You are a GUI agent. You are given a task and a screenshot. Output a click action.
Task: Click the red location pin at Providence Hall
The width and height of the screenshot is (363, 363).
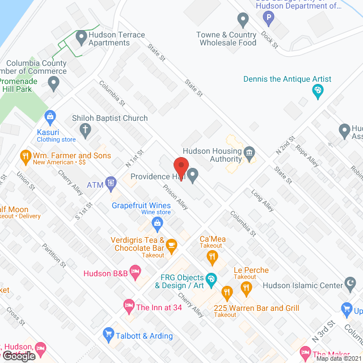point(180,166)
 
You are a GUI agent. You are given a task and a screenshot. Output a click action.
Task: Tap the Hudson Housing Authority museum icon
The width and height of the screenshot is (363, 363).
point(248,153)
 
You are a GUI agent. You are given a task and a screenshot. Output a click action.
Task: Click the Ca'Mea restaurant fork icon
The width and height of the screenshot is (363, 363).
point(212,258)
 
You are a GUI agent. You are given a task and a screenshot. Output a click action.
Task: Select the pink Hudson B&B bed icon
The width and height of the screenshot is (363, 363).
point(135,273)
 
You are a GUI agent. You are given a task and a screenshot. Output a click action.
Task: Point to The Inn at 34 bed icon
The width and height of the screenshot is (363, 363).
point(128,307)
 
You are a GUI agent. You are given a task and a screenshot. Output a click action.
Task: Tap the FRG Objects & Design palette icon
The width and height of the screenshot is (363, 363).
point(210,278)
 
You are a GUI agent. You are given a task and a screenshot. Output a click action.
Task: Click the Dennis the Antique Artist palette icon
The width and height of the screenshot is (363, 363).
point(318,90)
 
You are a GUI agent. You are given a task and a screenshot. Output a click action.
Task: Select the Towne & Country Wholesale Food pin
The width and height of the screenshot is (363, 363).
point(243,21)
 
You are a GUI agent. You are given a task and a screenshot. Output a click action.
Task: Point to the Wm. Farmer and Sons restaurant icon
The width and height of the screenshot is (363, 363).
point(25,155)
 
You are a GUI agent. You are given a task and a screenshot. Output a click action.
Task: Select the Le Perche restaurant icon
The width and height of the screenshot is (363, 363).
point(246,290)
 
